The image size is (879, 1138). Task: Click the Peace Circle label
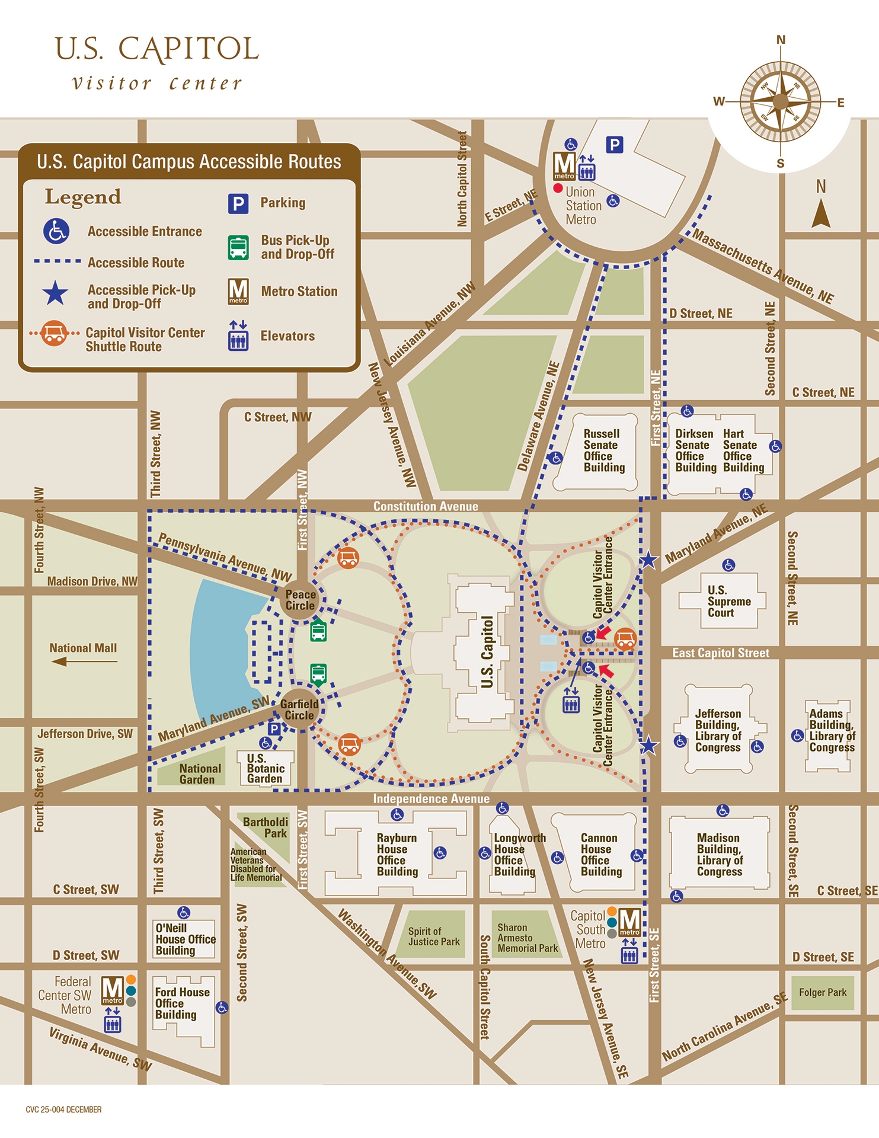301,600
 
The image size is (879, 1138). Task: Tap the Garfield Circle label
299,709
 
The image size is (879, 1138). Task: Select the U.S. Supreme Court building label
721,602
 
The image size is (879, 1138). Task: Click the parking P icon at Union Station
615,145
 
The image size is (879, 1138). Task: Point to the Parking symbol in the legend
238,203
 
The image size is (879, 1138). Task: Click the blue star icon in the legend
55,293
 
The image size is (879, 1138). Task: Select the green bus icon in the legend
238,248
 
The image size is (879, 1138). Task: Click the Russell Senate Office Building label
603,450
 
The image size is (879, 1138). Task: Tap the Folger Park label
823,992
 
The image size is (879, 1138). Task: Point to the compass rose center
781,102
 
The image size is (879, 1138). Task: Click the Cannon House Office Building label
600,855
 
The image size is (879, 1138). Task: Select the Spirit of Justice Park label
433,936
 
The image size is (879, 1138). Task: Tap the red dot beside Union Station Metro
558,188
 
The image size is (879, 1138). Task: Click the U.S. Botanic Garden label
266,768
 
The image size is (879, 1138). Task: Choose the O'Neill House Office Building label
185,939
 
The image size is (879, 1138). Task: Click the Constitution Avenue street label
425,506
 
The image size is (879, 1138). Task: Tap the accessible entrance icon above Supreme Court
728,565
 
